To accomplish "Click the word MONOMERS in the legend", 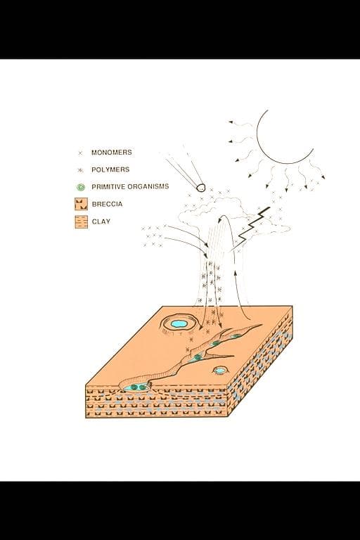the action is (111, 152).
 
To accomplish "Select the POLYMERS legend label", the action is (110, 169).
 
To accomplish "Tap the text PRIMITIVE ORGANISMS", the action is (130, 186).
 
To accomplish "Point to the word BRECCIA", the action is (107, 204).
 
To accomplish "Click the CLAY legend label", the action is (101, 221).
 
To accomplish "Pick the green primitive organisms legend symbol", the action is (81, 187).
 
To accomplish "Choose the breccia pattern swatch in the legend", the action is (81, 204).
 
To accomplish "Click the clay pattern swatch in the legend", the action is (81, 221).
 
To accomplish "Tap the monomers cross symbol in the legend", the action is (81, 153).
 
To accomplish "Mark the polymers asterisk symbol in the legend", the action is (81, 170).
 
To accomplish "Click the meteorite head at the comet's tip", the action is (201, 188).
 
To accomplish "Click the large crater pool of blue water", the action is (179, 323).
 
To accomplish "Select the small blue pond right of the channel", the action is (219, 371).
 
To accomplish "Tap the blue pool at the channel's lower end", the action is (137, 388).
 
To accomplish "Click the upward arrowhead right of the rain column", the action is (236, 273).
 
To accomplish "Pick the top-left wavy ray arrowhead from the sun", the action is (231, 122).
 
